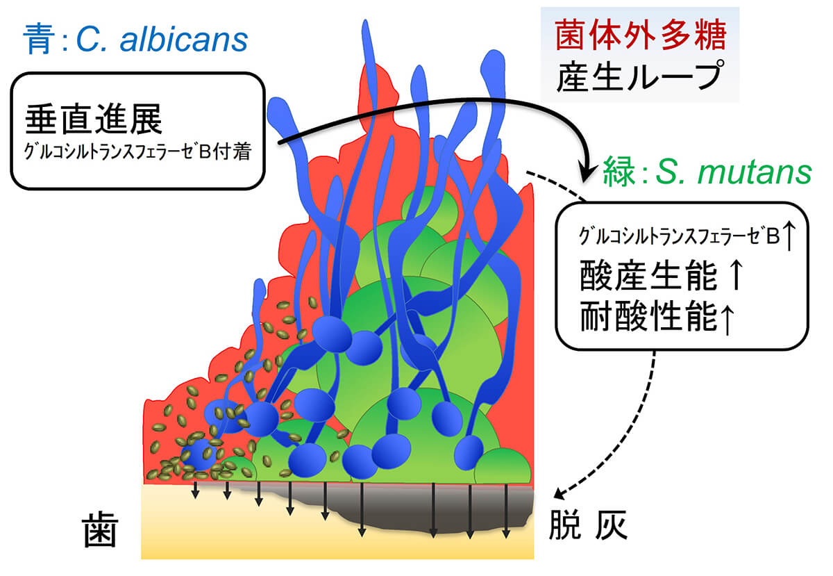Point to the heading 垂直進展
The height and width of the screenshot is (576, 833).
(x=94, y=119)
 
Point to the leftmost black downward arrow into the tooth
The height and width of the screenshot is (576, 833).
(x=196, y=490)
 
